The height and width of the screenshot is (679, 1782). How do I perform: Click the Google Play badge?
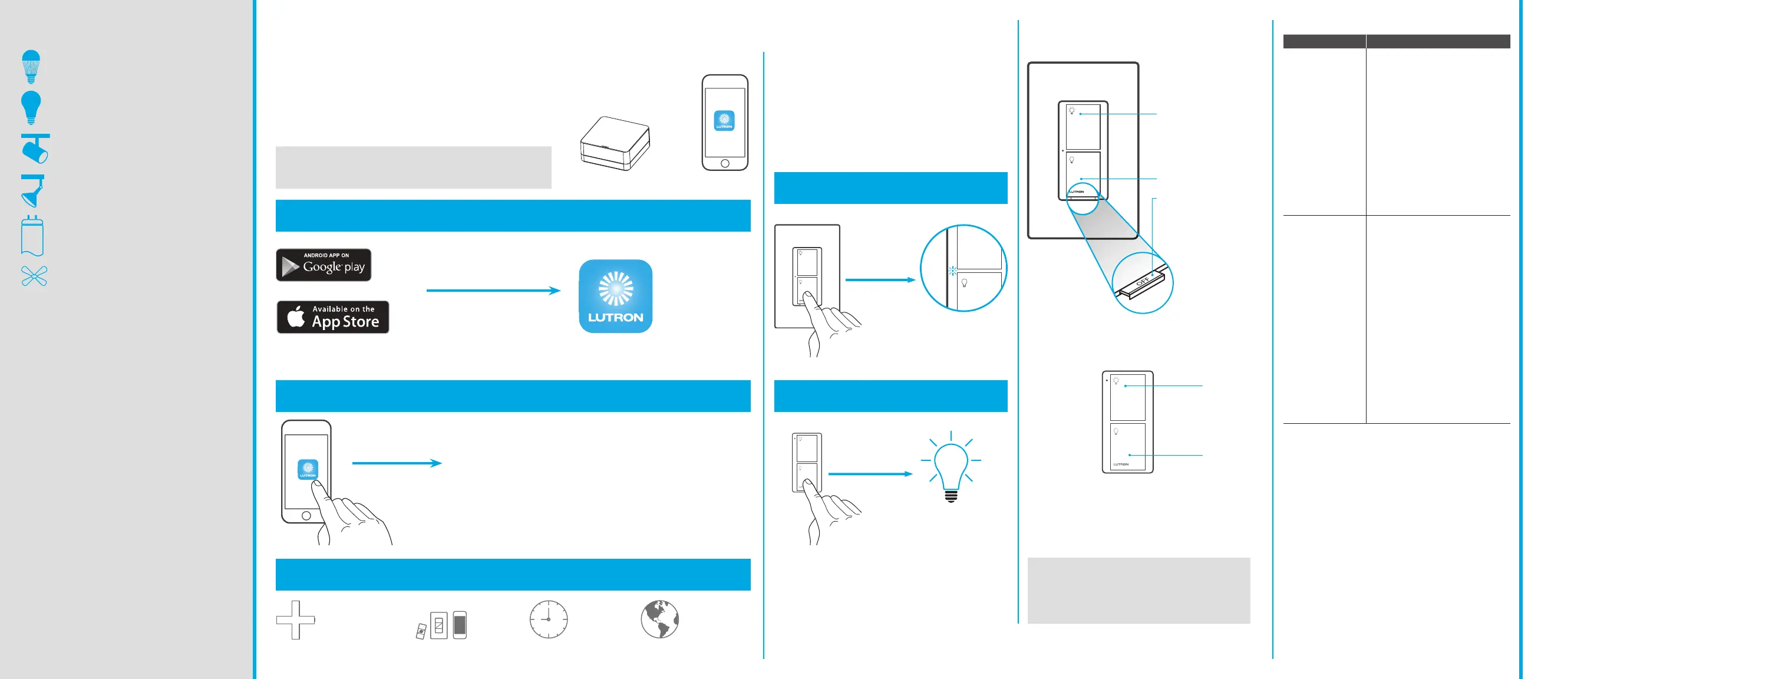click(323, 265)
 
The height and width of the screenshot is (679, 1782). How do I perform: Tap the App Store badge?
click(333, 317)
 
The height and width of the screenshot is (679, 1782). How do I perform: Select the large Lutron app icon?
click(615, 296)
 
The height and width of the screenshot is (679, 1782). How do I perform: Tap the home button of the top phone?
click(724, 163)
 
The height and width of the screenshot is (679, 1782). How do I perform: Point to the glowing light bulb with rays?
click(951, 465)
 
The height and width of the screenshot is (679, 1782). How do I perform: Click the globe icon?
click(659, 619)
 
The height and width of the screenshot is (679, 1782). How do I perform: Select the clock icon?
click(549, 619)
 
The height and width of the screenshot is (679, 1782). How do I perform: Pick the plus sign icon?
click(295, 619)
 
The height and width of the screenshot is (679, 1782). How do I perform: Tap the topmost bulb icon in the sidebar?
click(31, 67)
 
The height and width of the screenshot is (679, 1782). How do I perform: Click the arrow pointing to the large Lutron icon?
click(493, 291)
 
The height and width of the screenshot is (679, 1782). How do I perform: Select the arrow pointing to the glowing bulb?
click(870, 474)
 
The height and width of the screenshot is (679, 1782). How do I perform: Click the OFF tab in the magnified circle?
click(1143, 282)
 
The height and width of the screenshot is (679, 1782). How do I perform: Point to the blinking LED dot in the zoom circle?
click(952, 271)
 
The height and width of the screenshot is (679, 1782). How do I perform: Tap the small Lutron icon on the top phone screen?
click(724, 121)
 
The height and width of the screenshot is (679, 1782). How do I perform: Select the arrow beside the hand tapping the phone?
click(397, 463)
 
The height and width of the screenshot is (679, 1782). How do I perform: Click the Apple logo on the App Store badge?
click(296, 317)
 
